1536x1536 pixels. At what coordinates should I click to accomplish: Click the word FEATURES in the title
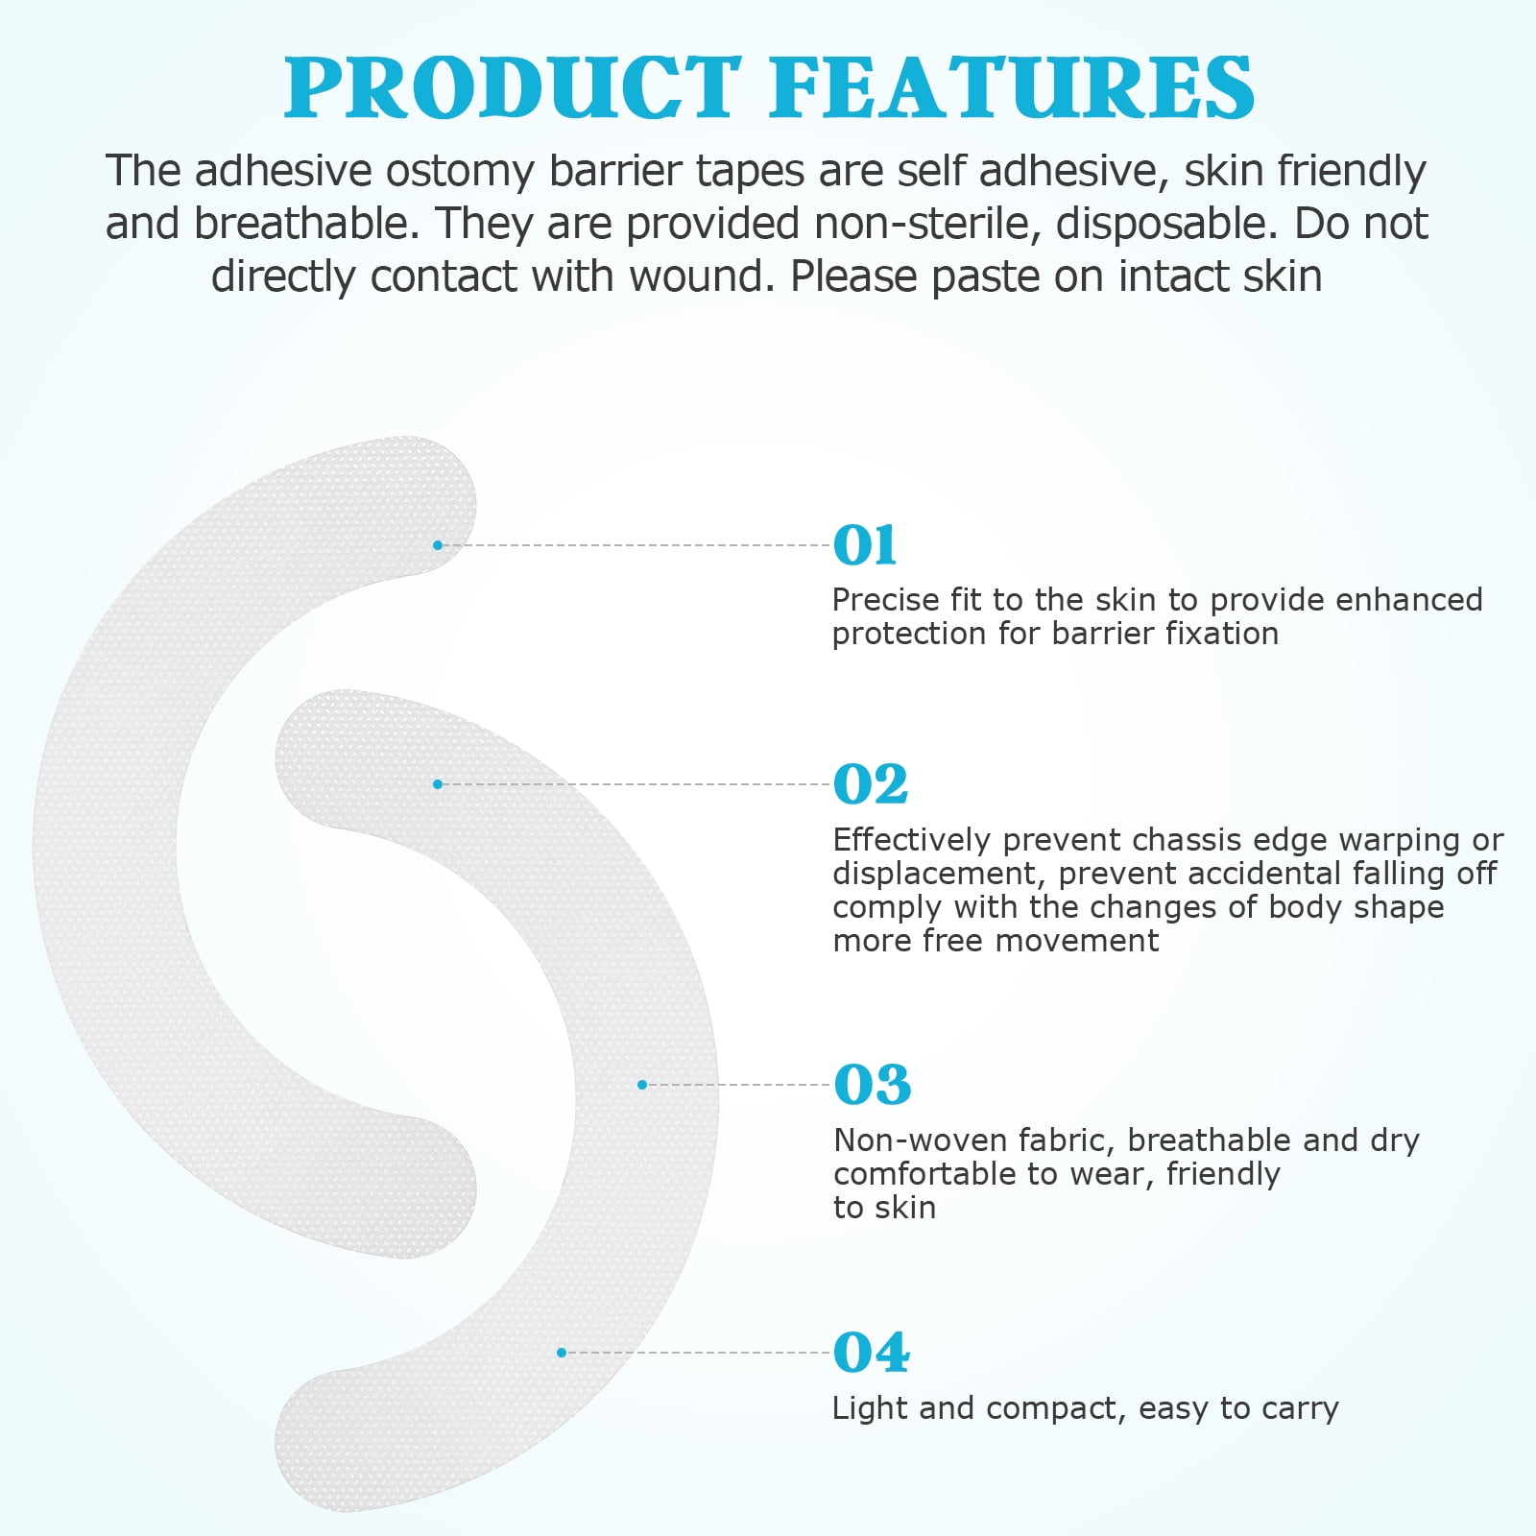coord(1013,87)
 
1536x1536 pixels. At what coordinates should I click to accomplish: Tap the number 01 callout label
coord(865,545)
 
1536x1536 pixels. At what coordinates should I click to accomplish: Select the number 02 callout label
coord(871,784)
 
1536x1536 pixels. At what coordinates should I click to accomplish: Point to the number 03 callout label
coord(872,1085)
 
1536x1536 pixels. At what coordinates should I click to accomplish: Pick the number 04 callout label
coord(872,1353)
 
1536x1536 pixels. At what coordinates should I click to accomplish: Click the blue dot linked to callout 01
coord(438,545)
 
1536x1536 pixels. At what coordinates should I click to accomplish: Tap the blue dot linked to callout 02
coord(438,784)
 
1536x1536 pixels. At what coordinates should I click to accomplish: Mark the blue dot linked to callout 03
coord(642,1085)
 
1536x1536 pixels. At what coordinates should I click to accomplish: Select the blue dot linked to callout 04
coord(562,1353)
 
